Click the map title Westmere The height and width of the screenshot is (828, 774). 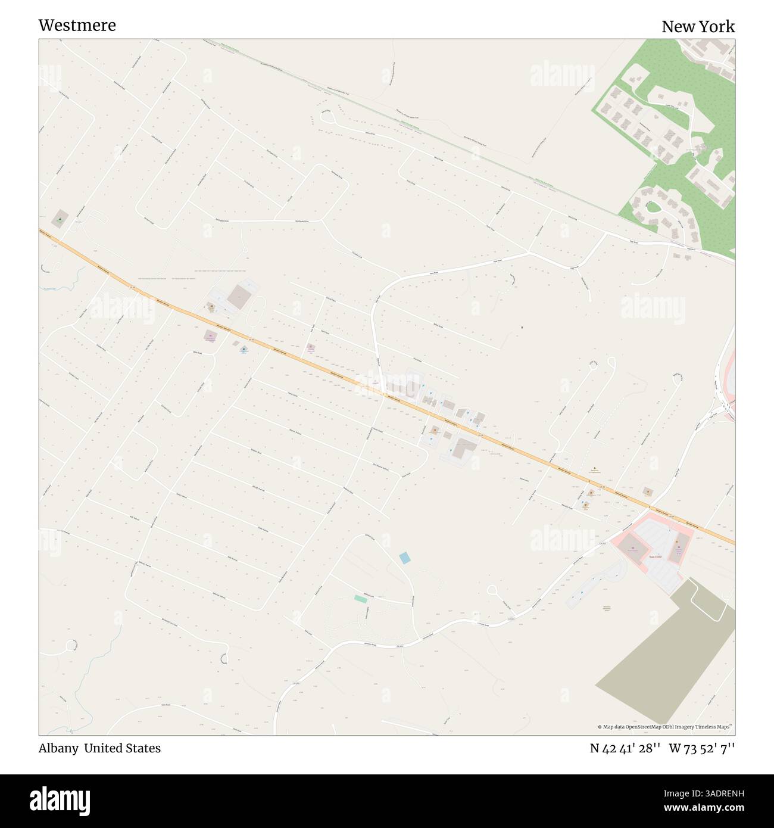point(77,25)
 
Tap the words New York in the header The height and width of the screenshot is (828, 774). point(698,27)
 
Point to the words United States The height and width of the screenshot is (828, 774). point(122,748)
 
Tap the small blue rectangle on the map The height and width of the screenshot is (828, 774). point(405,558)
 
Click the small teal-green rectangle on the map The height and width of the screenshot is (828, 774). point(360,598)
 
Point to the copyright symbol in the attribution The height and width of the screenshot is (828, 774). point(600,727)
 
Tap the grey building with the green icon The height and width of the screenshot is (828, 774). point(60,219)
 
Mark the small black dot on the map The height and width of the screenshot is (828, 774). point(522,326)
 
